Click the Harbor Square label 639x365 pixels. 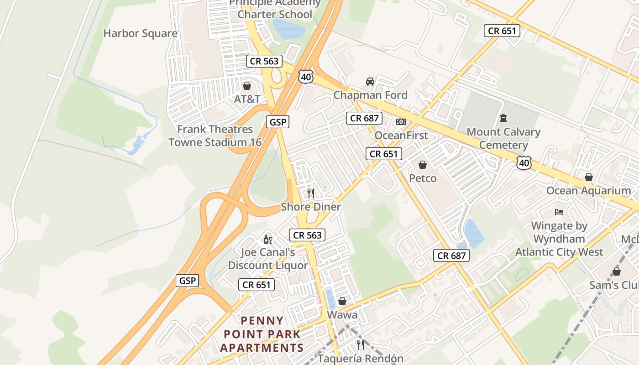point(140,33)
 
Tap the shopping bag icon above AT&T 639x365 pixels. point(247,86)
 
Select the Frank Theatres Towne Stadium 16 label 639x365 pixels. point(215,136)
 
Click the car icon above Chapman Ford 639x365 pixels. point(370,82)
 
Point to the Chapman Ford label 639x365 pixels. point(370,95)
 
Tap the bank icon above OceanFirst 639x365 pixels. point(401,122)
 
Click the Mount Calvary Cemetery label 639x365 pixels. point(503,138)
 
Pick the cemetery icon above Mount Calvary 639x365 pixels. point(503,118)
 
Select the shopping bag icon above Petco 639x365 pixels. point(423,165)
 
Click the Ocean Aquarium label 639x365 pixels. point(589,191)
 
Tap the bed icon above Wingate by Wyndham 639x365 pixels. point(559,212)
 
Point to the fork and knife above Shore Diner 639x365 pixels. point(311,193)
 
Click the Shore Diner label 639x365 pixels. point(311,207)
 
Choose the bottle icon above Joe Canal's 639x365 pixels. point(267,239)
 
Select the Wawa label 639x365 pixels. point(342,315)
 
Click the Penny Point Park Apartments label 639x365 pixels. point(262,334)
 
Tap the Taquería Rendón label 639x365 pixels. point(361,359)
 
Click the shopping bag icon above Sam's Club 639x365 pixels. point(617,272)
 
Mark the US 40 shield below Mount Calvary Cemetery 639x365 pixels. point(524,163)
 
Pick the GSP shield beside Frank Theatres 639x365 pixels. point(278,122)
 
